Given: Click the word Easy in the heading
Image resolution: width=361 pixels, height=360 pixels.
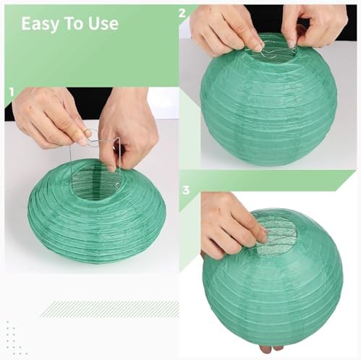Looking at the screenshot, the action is coord(40,24).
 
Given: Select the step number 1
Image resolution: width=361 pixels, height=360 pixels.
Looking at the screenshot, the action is coord(12,92).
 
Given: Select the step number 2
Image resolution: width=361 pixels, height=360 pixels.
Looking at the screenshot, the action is coord(182,13).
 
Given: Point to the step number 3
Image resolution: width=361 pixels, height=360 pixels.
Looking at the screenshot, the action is coord(186,190).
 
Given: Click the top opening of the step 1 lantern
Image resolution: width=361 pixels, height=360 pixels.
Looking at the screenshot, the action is coord(96,184).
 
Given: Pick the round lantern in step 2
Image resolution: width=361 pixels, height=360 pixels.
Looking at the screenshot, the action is coord(268,101).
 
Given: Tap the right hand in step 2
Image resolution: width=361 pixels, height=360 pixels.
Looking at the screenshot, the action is coord(313,25).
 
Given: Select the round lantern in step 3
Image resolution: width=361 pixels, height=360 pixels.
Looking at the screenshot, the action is coord(273,280).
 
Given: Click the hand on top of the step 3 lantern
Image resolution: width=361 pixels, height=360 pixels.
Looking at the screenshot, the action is coord(232,228).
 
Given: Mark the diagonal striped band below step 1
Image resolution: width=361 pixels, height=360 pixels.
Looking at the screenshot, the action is coord(109,309).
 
